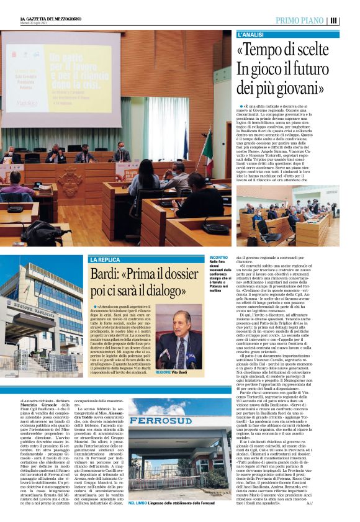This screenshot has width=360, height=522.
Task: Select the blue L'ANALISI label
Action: coord(250,34)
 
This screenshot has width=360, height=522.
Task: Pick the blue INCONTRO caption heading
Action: coord(219,256)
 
